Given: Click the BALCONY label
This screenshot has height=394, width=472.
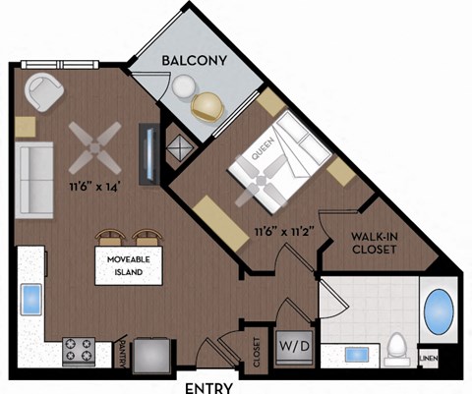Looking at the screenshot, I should [x=195, y=60].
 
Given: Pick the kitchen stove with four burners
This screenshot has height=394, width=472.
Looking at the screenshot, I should [x=79, y=350].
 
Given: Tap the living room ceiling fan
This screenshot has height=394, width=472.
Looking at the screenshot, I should [x=97, y=144].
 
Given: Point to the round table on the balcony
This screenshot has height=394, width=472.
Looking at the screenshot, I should [x=182, y=86].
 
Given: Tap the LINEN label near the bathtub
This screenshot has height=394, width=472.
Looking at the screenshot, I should [x=429, y=360].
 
